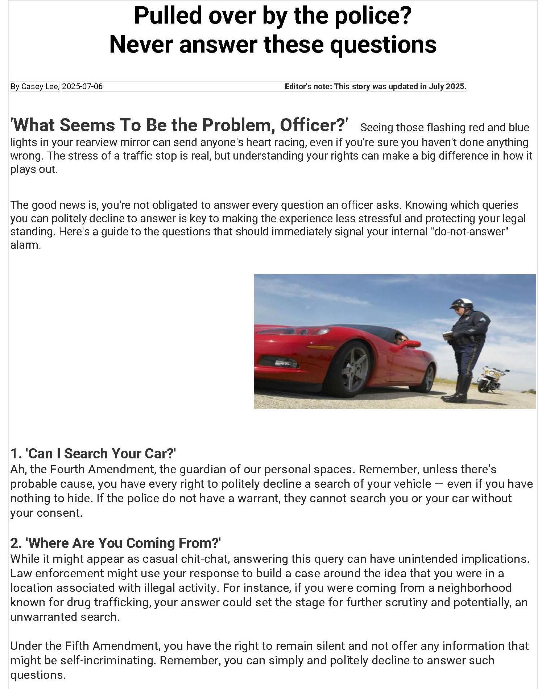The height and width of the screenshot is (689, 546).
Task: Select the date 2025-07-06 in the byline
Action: click(82, 87)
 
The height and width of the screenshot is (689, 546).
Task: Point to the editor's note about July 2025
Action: click(375, 87)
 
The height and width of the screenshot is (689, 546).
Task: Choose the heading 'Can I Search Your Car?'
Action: click(93, 454)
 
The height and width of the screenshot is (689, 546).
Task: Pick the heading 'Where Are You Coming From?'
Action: click(116, 543)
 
